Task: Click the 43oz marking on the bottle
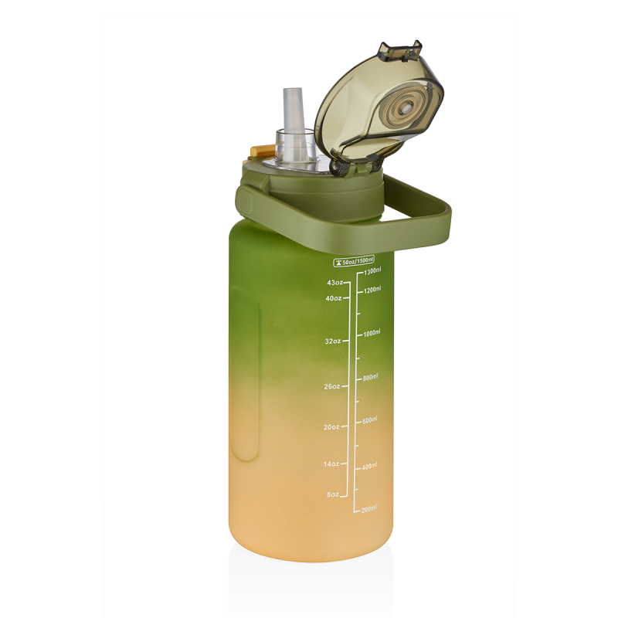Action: tap(334, 283)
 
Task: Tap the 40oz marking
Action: tap(334, 298)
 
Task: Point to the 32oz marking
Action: tap(333, 341)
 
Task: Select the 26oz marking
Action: tap(333, 386)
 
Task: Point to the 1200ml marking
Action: tap(372, 290)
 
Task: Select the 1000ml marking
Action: tap(372, 333)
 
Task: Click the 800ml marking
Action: tap(370, 377)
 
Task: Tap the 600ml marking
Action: tap(370, 420)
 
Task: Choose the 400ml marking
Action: tap(370, 466)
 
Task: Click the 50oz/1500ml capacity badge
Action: tap(354, 260)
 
